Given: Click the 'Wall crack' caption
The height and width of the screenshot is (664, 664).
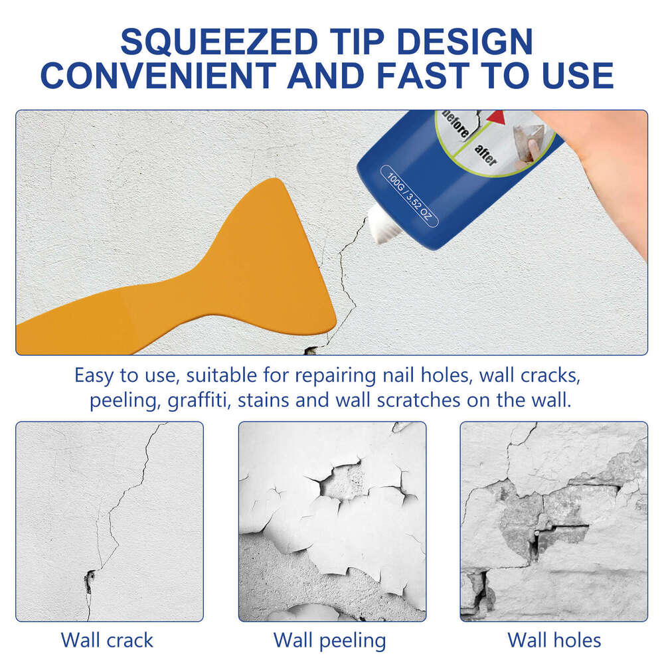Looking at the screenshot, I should [x=107, y=640].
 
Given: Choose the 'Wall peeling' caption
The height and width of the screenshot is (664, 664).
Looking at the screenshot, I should [x=330, y=640].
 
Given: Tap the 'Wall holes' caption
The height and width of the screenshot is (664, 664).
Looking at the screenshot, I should [x=554, y=640].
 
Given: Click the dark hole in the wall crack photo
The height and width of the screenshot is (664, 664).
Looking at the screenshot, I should [x=89, y=580].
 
